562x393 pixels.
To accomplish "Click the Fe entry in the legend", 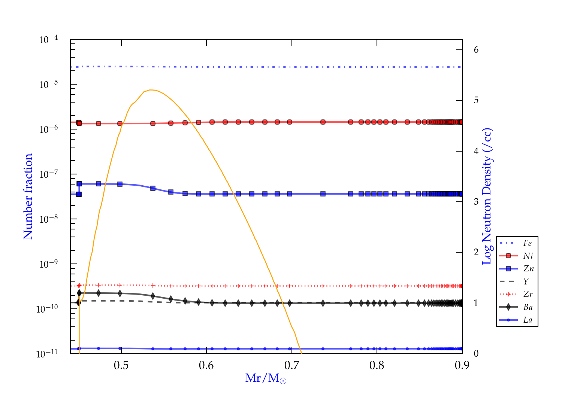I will [x=528, y=243].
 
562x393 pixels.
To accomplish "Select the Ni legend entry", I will [x=528, y=256].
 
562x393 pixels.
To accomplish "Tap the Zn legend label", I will [x=528, y=269].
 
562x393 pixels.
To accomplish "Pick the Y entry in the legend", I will [x=526, y=281].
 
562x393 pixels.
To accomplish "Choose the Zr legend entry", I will [x=528, y=294].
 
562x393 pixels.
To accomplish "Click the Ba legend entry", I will [x=528, y=307].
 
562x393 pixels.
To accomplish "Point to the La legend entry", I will [x=528, y=320].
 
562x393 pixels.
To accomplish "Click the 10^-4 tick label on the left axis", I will [x=49, y=39].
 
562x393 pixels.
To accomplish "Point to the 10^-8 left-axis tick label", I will [x=49, y=219].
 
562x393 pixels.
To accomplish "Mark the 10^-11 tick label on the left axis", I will [x=47, y=353].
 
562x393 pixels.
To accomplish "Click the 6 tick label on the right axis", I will [x=476, y=50].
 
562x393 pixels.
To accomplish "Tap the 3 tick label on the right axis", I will [x=476, y=202].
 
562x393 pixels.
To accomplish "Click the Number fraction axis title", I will [x=28, y=196].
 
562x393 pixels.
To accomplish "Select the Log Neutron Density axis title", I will [x=487, y=196].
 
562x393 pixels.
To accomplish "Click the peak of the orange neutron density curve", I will [x=150, y=90].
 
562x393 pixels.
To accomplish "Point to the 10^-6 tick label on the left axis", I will [x=49, y=129].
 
